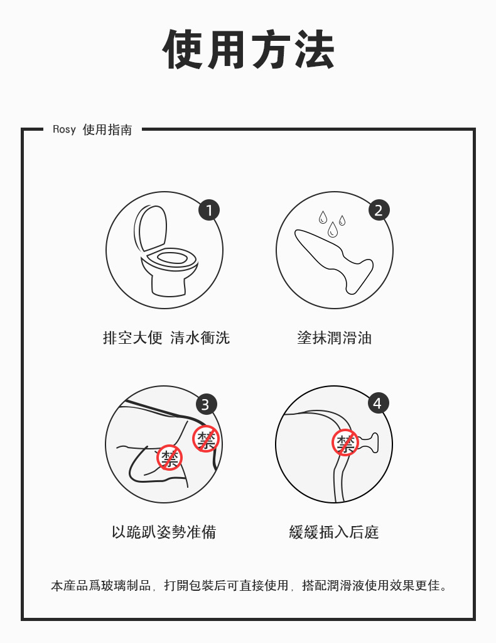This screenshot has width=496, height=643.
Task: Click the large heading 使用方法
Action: point(248,49)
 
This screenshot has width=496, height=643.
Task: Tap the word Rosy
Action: point(64,129)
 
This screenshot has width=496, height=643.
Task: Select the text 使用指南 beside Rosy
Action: point(107,129)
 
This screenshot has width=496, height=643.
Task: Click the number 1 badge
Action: point(209,210)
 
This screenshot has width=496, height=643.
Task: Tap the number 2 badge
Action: point(379,210)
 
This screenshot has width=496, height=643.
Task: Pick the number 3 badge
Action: point(206,404)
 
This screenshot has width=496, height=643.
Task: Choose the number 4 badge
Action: point(378,403)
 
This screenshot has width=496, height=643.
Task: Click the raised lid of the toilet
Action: point(150,228)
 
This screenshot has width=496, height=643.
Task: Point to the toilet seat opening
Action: point(172,258)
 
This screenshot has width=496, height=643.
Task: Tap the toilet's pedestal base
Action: point(169,285)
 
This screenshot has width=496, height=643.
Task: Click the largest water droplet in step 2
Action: point(333,229)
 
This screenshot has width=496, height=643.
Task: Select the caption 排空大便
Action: point(132,338)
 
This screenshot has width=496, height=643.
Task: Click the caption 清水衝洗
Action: point(200,338)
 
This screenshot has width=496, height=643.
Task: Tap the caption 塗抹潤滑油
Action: point(334,338)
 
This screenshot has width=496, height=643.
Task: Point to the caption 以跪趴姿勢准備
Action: point(164,532)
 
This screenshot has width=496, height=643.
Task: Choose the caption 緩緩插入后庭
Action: point(334,532)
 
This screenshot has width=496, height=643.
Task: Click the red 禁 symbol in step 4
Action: point(345,442)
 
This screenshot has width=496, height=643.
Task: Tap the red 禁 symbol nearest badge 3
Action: point(206,439)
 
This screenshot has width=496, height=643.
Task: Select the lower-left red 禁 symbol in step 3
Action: point(169,457)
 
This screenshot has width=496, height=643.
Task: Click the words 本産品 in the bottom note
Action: point(70,585)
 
